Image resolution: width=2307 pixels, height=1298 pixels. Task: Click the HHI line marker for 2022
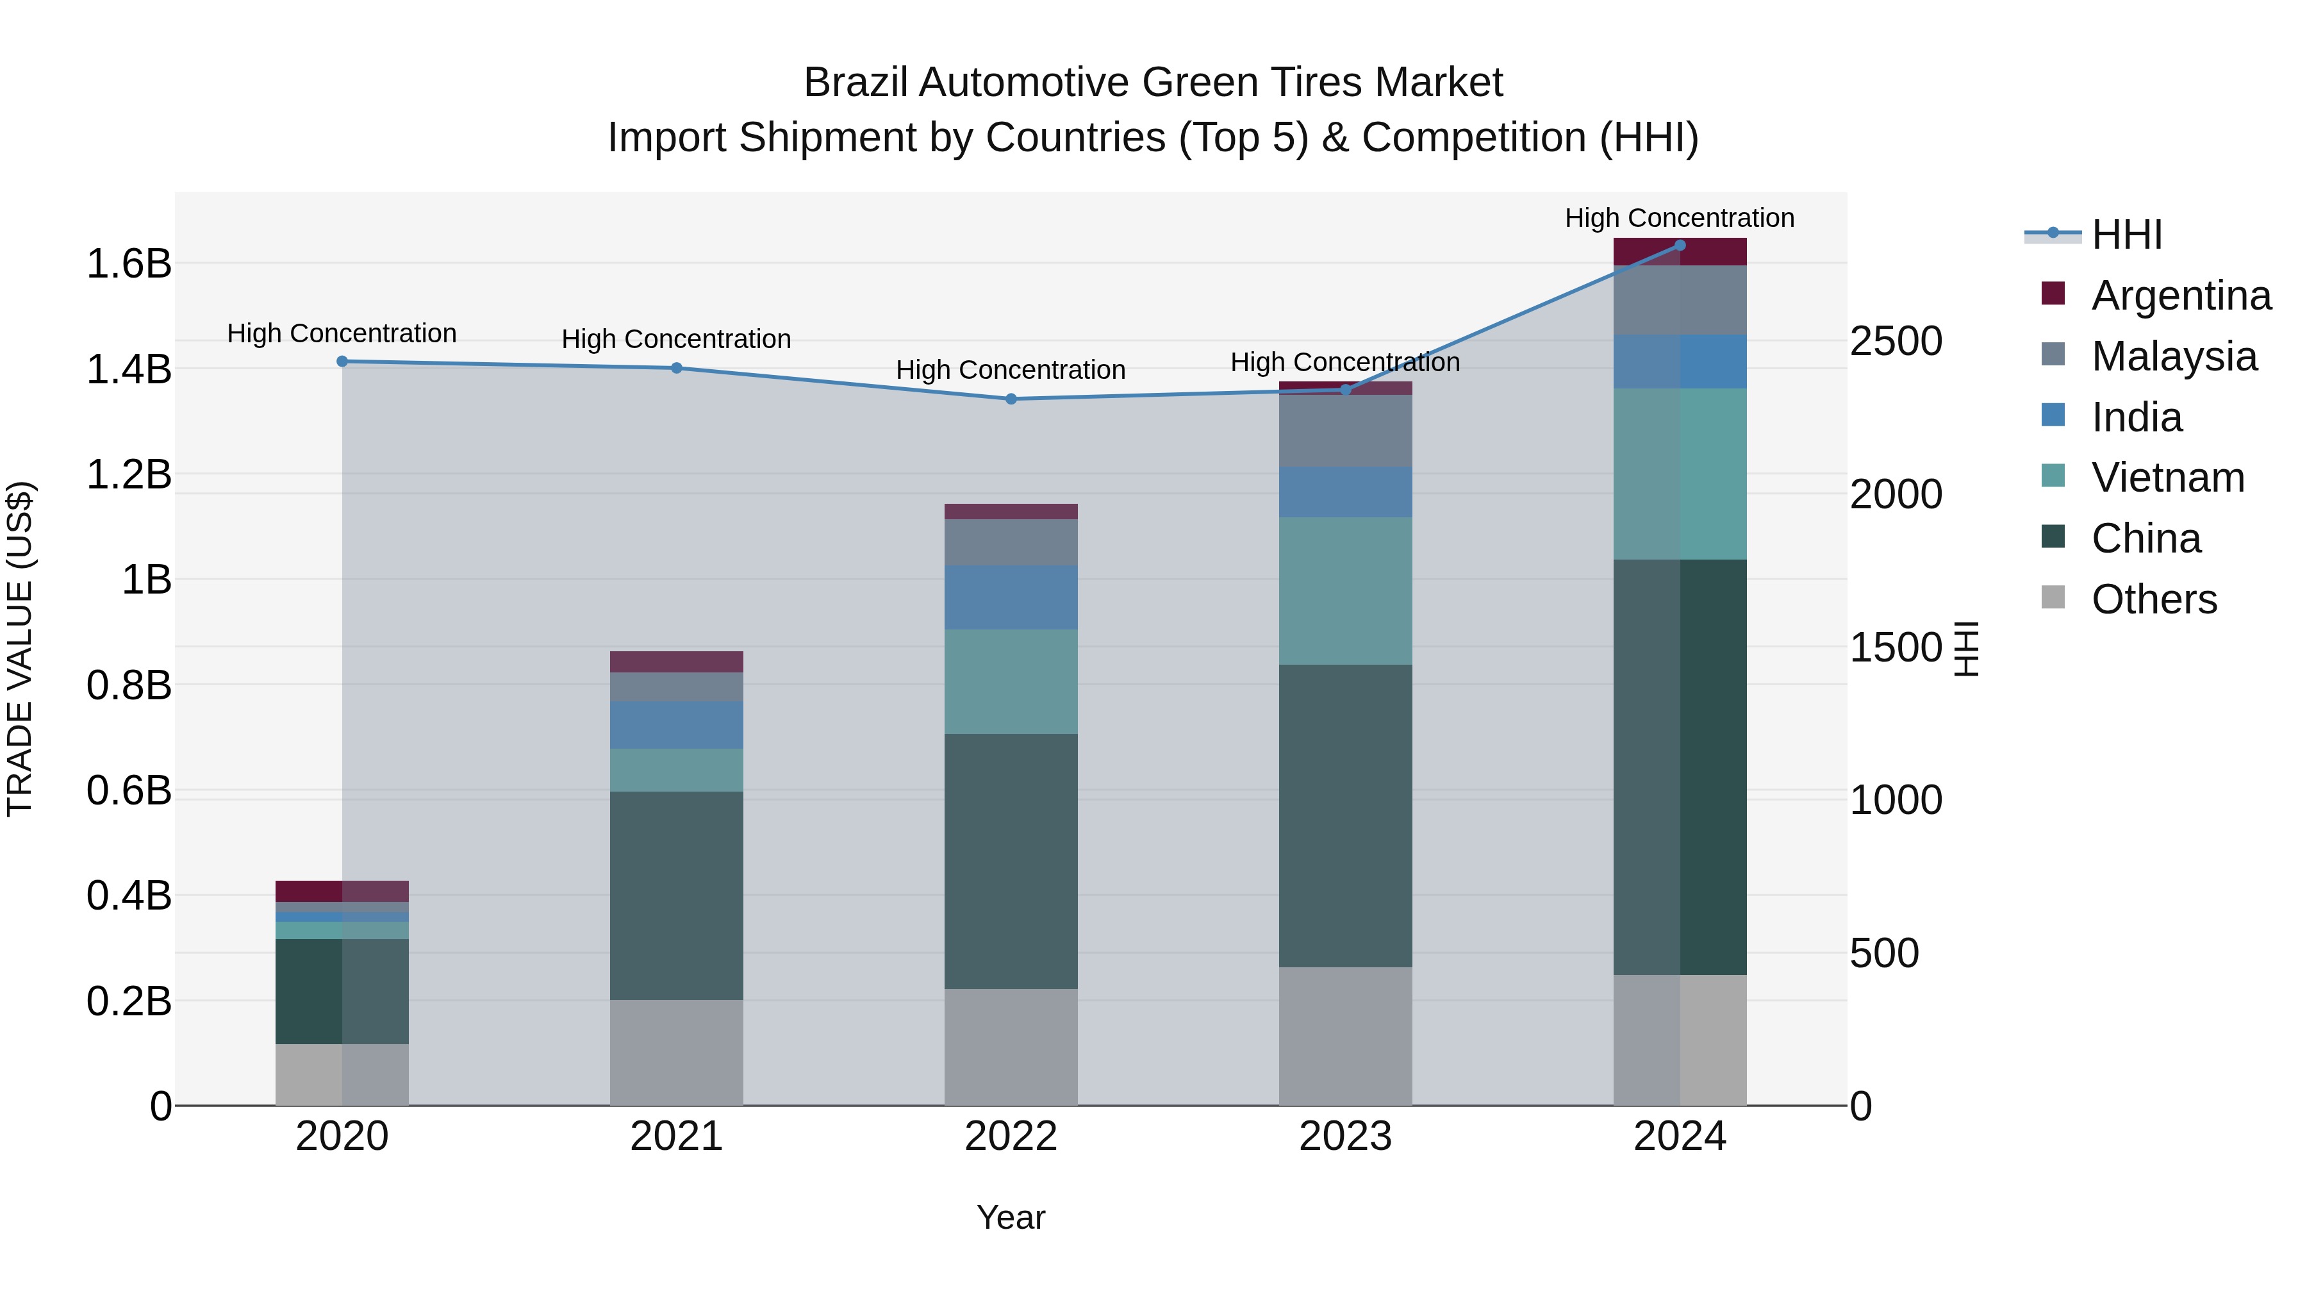(x=1011, y=399)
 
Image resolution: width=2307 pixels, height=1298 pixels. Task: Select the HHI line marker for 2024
(x=1680, y=245)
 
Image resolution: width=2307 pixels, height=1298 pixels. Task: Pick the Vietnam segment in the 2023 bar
(x=1345, y=590)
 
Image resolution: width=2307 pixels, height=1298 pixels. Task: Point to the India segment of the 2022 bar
(x=1011, y=597)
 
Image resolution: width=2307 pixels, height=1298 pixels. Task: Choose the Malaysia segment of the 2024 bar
(x=1680, y=299)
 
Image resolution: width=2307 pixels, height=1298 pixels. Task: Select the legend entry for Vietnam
(x=2168, y=478)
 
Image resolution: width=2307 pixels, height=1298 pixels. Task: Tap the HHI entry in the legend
(x=2126, y=235)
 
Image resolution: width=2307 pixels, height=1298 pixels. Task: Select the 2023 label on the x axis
(x=1345, y=1136)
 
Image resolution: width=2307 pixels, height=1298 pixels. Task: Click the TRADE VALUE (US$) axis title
(x=20, y=649)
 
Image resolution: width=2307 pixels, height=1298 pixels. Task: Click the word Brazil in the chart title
(x=856, y=83)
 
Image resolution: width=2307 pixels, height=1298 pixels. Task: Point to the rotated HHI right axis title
(x=1966, y=649)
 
